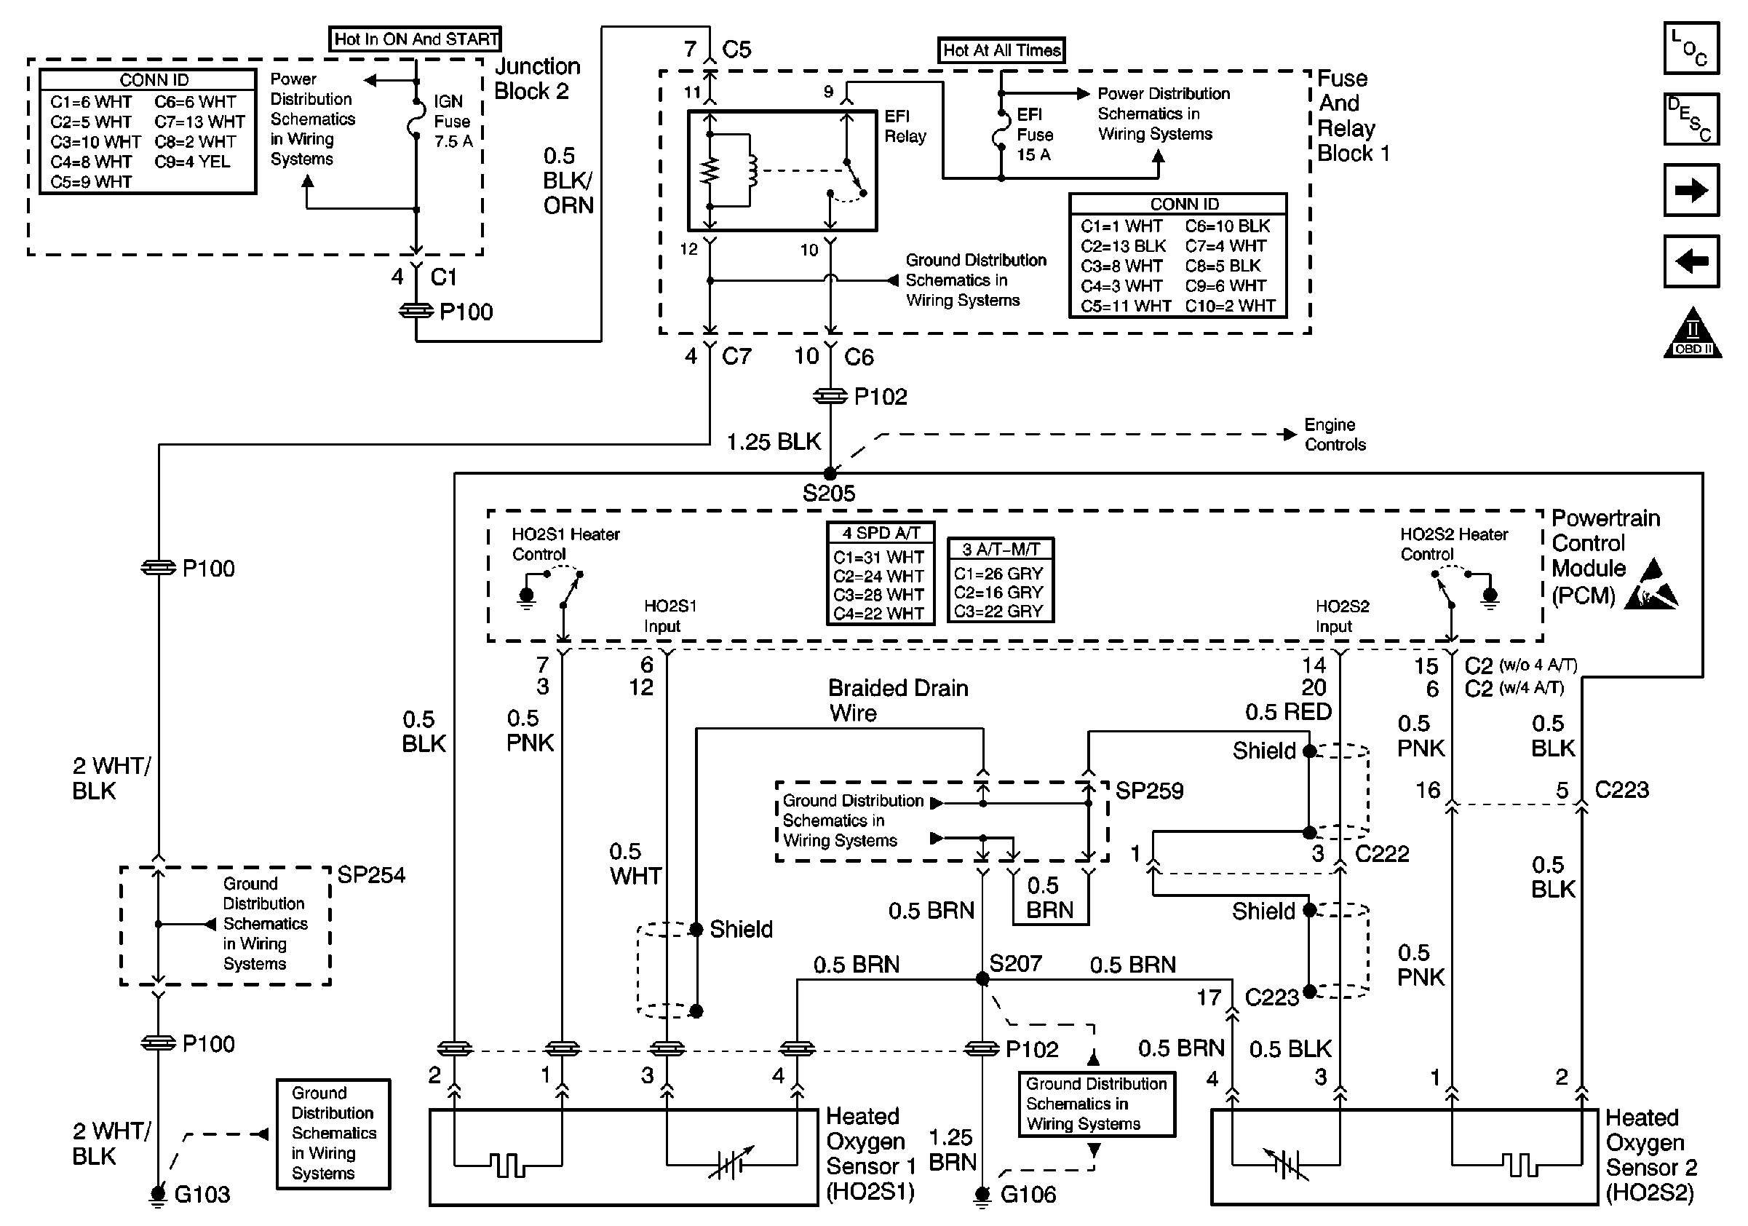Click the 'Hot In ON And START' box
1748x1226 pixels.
point(415,39)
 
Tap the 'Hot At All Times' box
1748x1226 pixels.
point(1001,50)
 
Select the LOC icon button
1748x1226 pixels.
point(1691,48)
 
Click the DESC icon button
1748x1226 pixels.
point(1691,119)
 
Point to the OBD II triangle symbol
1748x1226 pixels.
point(1693,335)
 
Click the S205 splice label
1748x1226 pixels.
point(828,494)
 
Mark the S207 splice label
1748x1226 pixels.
point(1015,964)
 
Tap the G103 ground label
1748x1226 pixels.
point(202,1194)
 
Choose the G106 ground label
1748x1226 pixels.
point(1028,1194)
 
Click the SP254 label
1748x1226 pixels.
point(370,875)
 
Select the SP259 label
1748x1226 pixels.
point(1149,791)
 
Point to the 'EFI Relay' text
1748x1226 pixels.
point(905,127)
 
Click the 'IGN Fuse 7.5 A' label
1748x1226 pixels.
point(452,121)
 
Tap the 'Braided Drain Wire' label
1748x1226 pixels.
point(897,700)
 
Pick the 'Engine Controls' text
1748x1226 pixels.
point(1335,434)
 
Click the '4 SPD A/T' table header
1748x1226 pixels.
point(880,533)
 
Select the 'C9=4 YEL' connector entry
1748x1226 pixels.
point(192,162)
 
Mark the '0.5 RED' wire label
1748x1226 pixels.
point(1288,711)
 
